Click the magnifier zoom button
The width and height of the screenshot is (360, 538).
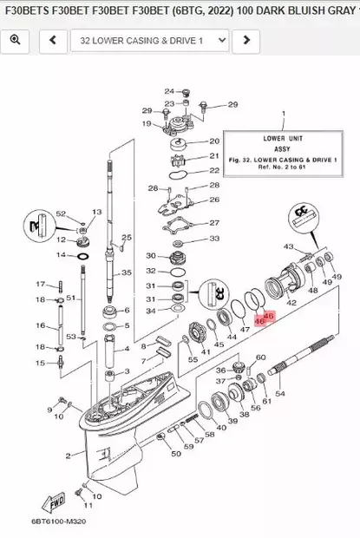click(16, 40)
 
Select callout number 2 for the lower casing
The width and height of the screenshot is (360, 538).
click(68, 455)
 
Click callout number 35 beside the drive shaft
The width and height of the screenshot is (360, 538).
click(127, 272)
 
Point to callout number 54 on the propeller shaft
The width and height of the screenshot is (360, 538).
click(279, 394)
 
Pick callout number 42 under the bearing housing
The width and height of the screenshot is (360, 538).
click(291, 302)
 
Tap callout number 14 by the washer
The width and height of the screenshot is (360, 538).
click(60, 255)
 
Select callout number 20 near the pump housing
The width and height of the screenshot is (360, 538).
click(214, 141)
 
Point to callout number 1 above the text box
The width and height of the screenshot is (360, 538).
click(282, 115)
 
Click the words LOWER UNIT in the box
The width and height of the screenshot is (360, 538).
click(282, 136)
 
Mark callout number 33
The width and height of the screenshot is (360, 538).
click(214, 239)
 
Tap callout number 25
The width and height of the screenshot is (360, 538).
click(128, 237)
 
